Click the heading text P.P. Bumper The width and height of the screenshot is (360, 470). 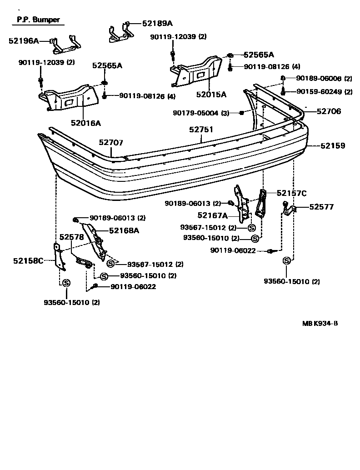point(39,20)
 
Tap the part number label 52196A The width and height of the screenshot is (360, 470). point(24,41)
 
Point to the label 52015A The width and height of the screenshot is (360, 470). point(211,95)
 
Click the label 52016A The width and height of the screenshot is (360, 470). point(85,123)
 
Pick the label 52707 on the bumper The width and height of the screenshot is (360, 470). point(111,142)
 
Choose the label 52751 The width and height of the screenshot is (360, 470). point(201,130)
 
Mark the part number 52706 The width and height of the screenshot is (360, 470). point(329,111)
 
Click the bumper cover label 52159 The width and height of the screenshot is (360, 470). point(333,146)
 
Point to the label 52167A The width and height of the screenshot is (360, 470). point(212,215)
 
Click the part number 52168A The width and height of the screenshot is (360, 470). point(124,230)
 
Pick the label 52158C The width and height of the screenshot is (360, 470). point(28,261)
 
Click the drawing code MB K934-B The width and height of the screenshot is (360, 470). point(320,324)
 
